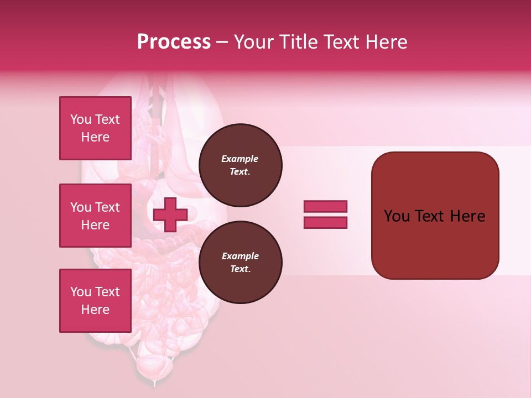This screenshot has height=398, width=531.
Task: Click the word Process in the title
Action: coord(174,42)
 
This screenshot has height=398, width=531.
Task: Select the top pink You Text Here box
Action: coord(95,128)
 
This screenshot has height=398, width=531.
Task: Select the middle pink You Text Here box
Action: coord(95,216)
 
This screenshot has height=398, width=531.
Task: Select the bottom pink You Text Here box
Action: coord(95,301)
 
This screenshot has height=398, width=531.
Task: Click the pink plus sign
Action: coord(170,214)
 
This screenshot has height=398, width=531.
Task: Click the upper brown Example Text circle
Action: coord(240,165)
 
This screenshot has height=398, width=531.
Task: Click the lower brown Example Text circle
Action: coord(240,263)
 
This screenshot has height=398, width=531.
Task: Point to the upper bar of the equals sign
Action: coord(325,206)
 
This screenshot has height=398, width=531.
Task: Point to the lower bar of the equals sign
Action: coord(325,223)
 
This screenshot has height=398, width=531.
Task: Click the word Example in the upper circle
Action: coord(240,159)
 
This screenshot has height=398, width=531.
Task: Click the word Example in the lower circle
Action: coord(240,256)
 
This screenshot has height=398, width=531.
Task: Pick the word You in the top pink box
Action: coord(81,119)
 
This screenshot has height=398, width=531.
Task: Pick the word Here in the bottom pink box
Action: coord(95,310)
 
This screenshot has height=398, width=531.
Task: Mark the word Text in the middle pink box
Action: coord(107,207)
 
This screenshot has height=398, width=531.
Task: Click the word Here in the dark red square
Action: coord(467,216)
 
